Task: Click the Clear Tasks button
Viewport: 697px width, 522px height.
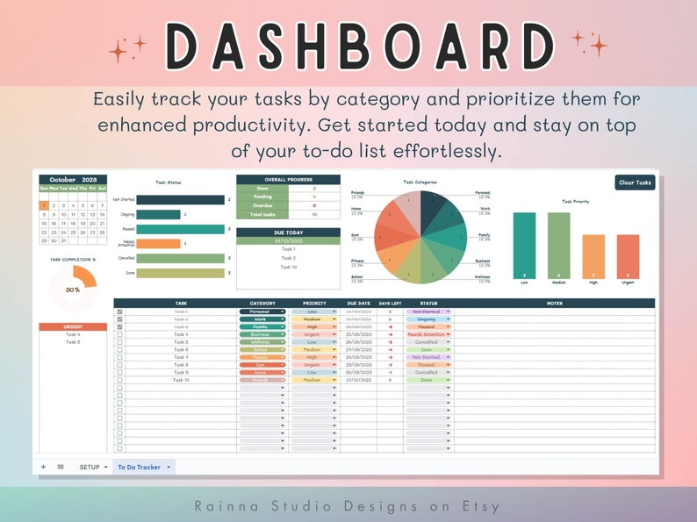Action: (635, 182)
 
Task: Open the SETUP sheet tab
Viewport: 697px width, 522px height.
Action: (90, 467)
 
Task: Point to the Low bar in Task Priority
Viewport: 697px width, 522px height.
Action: (524, 246)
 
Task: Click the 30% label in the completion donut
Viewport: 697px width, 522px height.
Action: (73, 289)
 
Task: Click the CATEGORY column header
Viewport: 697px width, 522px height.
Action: (262, 304)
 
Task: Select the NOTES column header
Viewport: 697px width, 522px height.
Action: (554, 304)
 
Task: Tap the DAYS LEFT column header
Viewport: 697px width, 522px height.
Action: (391, 304)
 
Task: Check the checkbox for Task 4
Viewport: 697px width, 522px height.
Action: (119, 334)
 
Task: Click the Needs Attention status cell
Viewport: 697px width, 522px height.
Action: (428, 334)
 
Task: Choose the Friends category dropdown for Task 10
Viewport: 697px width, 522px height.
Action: (262, 380)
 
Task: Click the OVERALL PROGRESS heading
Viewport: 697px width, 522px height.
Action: (288, 179)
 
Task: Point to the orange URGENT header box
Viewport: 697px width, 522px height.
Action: (73, 327)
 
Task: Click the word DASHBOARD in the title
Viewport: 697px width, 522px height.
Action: (348, 46)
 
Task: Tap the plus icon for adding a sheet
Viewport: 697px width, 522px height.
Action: (43, 467)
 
